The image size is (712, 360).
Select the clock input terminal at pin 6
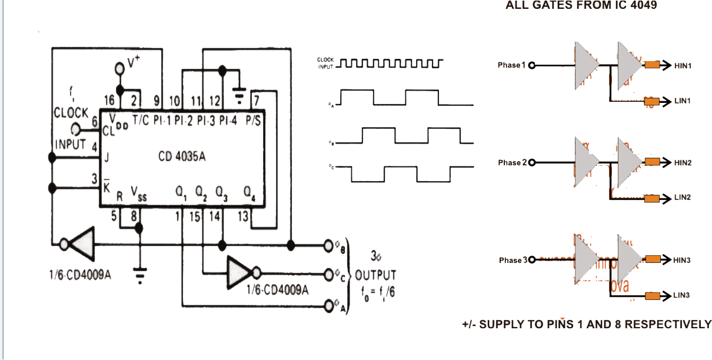point(76,129)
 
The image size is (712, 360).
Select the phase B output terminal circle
point(328,245)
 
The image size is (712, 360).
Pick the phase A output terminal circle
point(328,305)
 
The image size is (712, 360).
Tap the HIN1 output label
point(683,66)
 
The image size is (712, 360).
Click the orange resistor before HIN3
point(652,259)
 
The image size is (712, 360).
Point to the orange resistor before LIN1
point(652,101)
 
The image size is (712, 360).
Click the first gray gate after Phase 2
point(586,162)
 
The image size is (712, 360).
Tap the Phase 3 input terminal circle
point(533,259)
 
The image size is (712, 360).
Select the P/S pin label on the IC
point(253,121)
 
